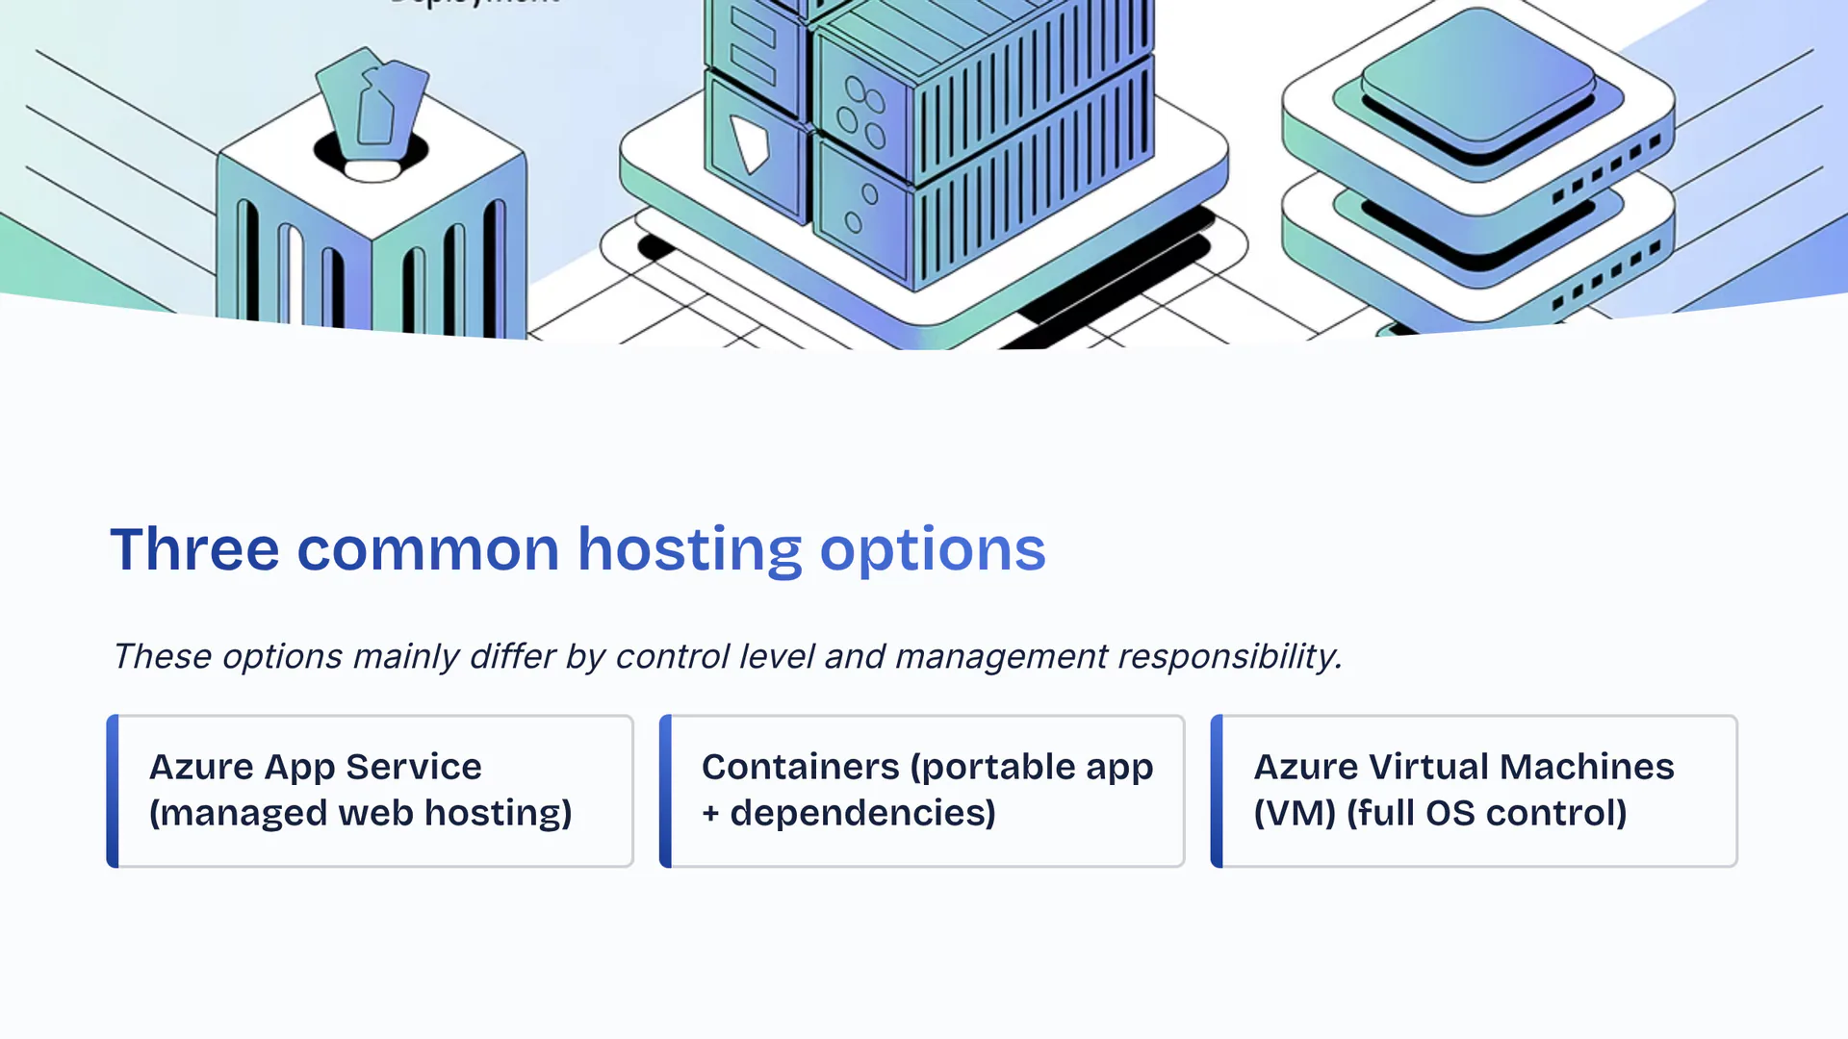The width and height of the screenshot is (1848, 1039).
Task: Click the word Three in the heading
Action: pos(194,549)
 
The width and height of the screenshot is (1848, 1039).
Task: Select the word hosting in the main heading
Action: pos(689,549)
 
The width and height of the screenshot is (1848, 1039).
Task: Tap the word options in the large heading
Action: pos(932,549)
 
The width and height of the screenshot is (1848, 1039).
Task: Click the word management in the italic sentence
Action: pos(1001,656)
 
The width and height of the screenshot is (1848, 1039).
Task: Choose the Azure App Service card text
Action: pos(315,767)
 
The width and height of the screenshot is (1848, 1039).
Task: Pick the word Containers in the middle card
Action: pos(800,767)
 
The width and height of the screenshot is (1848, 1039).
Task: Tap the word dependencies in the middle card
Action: pos(862,813)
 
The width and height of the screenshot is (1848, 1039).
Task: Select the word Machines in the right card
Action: pos(1586,767)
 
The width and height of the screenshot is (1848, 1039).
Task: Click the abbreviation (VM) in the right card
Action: pos(1295,813)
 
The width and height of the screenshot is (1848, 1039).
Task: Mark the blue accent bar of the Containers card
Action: pos(665,791)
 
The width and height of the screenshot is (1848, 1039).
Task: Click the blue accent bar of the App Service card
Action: pos(113,791)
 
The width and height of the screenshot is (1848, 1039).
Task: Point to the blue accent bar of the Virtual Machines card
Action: pos(1217,791)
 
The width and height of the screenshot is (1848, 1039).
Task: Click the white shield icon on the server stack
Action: pos(750,142)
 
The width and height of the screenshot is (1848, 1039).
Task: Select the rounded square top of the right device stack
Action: pos(1477,72)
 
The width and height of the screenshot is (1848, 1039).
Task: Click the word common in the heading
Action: pos(427,549)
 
